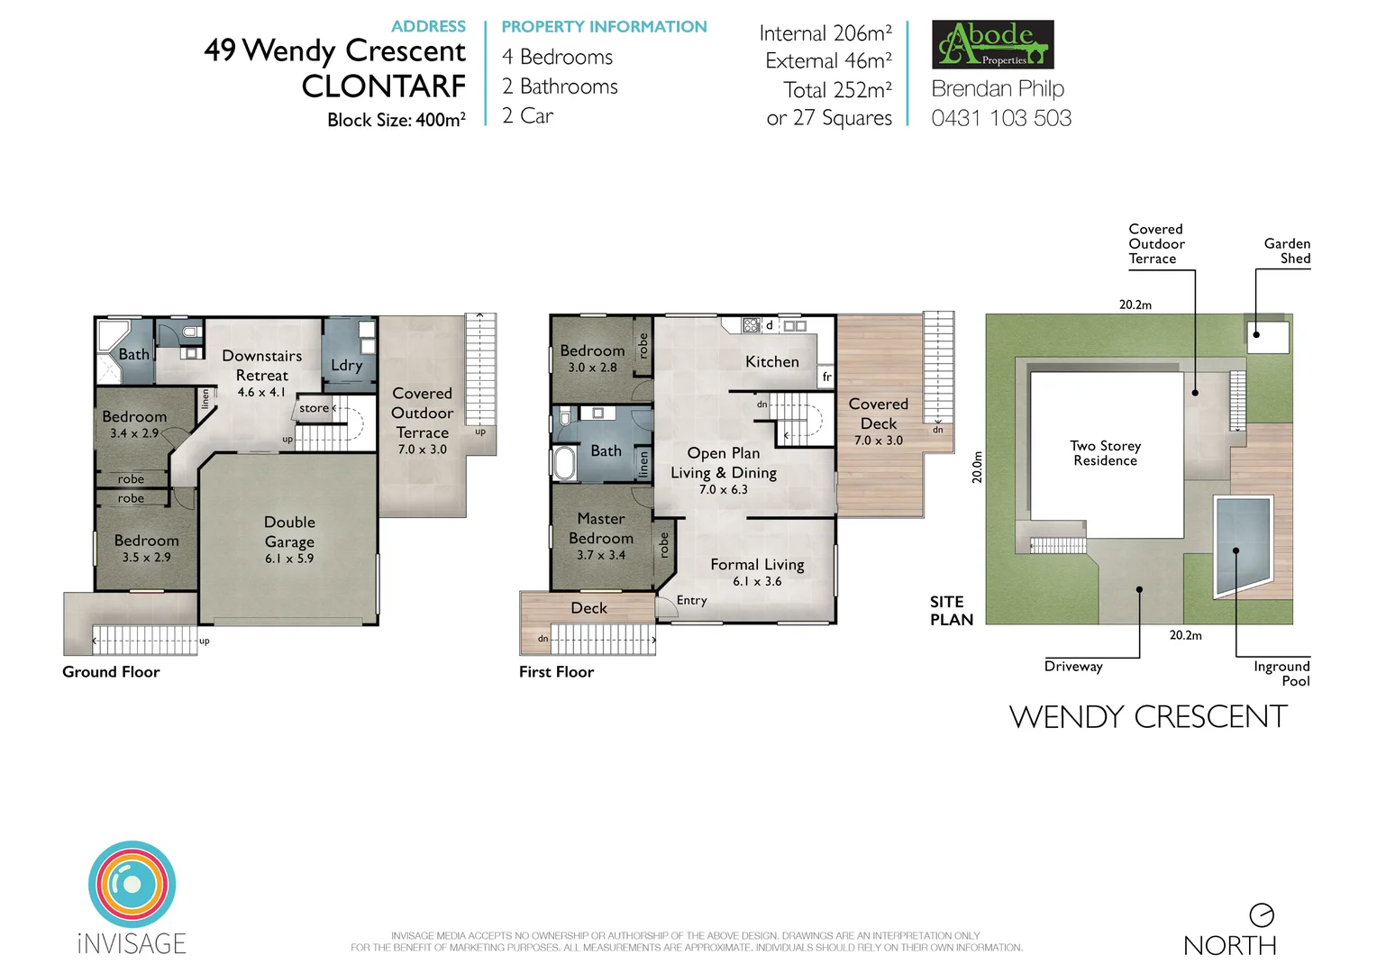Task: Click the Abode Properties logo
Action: [992, 44]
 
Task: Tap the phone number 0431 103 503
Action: [1001, 118]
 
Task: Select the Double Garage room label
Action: [289, 539]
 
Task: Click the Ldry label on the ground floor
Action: [346, 365]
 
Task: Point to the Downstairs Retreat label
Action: [261, 366]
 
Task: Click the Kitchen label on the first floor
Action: [771, 361]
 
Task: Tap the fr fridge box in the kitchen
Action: [826, 377]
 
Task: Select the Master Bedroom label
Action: [600, 529]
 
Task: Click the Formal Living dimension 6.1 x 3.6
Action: [757, 582]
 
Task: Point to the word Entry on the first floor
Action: [691, 600]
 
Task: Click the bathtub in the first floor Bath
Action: [564, 463]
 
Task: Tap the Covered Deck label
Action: [878, 414]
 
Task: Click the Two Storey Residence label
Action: [1105, 453]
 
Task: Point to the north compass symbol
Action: [1261, 915]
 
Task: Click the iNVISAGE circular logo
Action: [132, 885]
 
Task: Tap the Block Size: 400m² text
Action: [397, 120]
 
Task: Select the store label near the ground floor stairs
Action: [314, 408]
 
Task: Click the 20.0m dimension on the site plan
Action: [977, 467]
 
